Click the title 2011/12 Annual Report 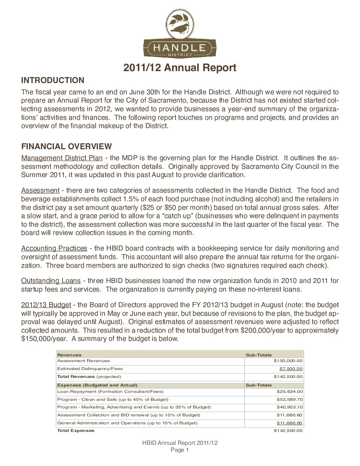(x=180, y=68)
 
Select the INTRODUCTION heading (x=53, y=80)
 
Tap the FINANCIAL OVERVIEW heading (x=67, y=146)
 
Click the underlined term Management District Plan (x=62, y=158)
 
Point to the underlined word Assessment (x=40, y=190)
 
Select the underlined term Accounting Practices (x=54, y=248)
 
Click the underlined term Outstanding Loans (x=51, y=281)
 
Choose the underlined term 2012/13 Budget (x=46, y=305)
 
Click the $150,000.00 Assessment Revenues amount (x=288, y=361)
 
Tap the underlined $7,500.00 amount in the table (x=291, y=369)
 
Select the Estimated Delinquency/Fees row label (x=90, y=369)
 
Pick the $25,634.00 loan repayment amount (x=290, y=392)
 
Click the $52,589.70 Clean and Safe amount (x=290, y=399)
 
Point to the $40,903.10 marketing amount (x=290, y=407)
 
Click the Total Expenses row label (x=76, y=431)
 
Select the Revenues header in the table (x=69, y=355)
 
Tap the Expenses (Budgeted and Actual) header (x=97, y=385)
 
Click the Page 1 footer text (x=180, y=450)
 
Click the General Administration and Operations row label (x=127, y=423)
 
